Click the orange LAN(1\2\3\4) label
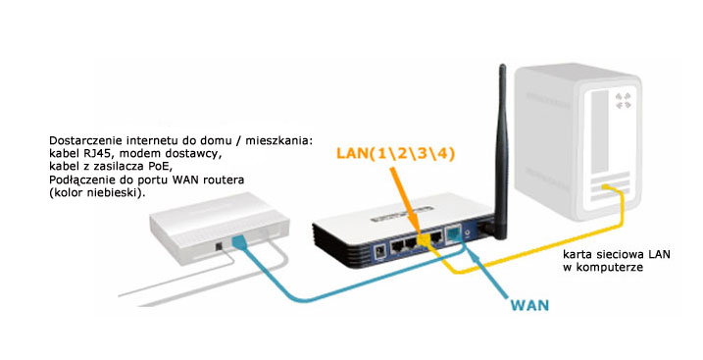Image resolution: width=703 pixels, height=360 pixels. pyautogui.click(x=396, y=155)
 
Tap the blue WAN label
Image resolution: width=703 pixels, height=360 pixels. pyautogui.click(x=529, y=304)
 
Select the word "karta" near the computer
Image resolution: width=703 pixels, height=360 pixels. pyautogui.click(x=577, y=253)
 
